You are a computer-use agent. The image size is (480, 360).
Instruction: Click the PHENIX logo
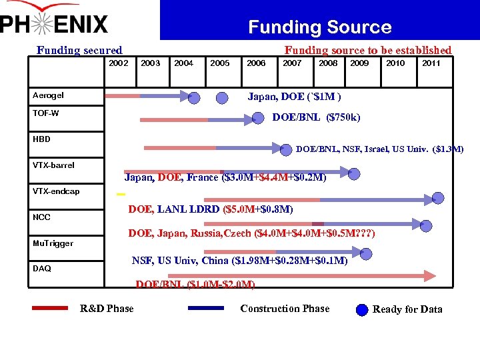55,22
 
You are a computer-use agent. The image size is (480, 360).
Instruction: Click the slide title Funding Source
319,27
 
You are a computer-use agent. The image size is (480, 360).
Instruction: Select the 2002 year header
118,63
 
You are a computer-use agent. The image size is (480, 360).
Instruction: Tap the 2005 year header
220,63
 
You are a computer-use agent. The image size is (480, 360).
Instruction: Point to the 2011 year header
431,63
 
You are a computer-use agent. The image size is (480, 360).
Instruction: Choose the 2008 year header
328,63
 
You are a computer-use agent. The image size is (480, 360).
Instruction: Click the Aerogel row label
48,95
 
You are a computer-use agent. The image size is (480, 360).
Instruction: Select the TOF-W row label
45,113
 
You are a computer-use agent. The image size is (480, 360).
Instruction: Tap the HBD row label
41,139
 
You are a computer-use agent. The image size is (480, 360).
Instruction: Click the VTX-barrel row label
53,165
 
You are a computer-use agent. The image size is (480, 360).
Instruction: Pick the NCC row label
41,217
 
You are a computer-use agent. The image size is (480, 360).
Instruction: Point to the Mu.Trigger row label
53,243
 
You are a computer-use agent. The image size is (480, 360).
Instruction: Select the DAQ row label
41,269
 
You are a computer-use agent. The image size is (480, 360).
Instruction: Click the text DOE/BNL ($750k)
316,118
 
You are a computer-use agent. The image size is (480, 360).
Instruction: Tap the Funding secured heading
79,50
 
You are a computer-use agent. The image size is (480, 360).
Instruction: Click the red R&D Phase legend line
49,309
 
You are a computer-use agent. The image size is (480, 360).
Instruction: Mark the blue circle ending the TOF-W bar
258,119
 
